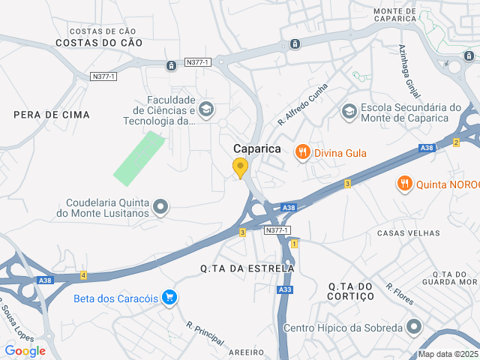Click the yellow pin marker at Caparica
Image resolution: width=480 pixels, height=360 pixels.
(240, 168)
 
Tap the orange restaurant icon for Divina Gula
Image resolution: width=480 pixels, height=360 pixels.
(303, 153)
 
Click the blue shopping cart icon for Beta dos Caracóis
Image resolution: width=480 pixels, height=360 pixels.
(170, 298)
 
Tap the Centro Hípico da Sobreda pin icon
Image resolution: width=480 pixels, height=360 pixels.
(413, 328)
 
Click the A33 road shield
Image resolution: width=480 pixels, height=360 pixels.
(285, 289)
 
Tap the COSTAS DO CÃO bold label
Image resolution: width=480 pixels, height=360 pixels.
(99, 43)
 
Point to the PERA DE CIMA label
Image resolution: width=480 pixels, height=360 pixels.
(52, 115)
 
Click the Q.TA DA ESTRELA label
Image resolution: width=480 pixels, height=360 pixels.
(247, 268)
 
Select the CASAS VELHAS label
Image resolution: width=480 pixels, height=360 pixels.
(408, 233)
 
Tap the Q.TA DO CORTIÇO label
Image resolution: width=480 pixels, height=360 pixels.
(351, 291)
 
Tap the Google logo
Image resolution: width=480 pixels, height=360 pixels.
(25, 351)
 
